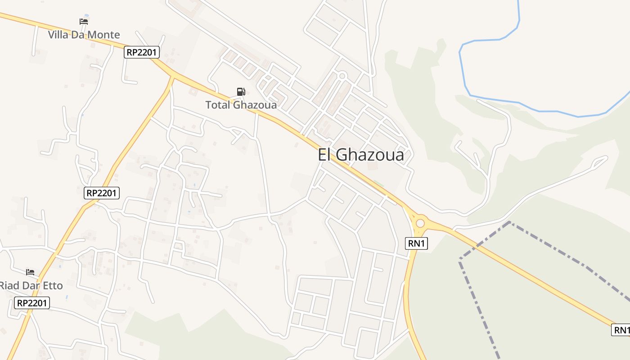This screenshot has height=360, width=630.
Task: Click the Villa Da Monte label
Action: click(x=84, y=35)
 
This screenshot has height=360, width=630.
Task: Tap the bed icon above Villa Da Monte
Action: click(x=84, y=21)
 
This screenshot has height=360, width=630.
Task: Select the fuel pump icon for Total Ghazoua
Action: click(x=241, y=92)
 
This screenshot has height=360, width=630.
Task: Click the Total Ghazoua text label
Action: click(x=241, y=105)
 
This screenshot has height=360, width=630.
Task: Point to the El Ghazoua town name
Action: click(x=360, y=155)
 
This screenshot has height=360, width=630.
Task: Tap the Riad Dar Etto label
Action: click(x=31, y=285)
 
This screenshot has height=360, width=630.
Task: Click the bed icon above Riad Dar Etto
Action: click(x=30, y=272)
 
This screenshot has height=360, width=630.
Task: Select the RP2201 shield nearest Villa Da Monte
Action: click(x=142, y=52)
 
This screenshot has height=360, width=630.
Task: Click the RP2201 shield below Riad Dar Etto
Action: click(x=31, y=303)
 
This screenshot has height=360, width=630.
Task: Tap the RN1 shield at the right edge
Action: click(x=621, y=330)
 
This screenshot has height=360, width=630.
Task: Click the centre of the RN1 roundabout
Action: click(x=420, y=223)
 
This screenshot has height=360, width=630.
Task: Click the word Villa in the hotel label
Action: click(x=58, y=35)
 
